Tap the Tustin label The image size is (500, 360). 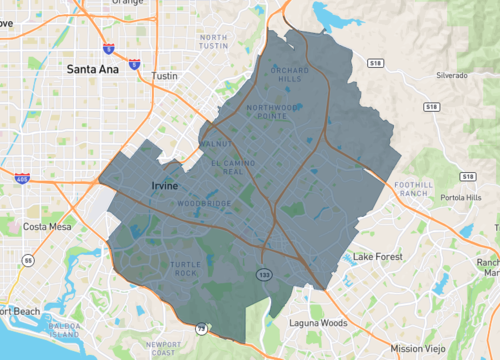tap(163, 76)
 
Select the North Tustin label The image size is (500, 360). tap(213, 42)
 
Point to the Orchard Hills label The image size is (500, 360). tap(286, 75)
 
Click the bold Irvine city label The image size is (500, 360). tap(163, 186)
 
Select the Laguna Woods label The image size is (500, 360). tap(320, 323)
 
